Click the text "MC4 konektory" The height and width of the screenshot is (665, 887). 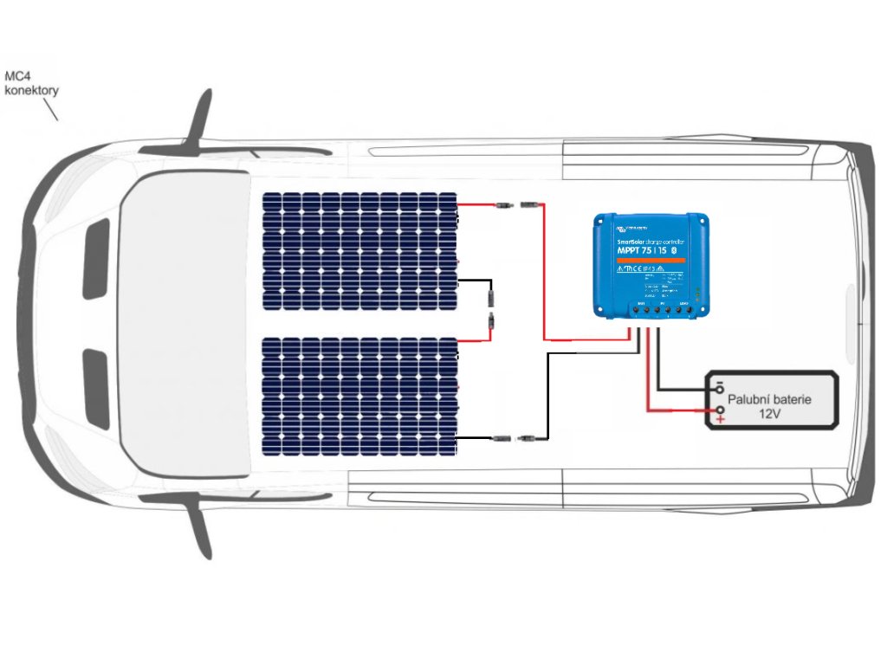click(31, 83)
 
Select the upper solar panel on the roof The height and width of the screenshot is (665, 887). click(360, 251)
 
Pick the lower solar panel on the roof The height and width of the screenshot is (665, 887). click(360, 396)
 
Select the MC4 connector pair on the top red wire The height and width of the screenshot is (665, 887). click(515, 205)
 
